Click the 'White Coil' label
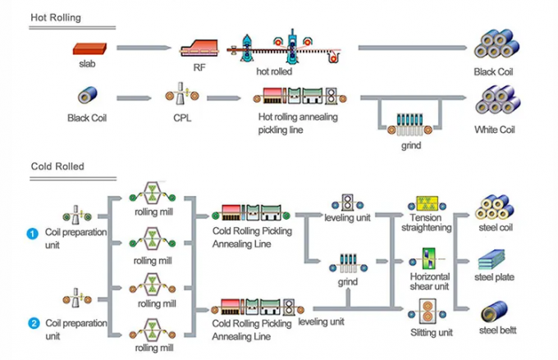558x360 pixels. pos(495,130)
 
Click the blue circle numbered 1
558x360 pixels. pos(33,234)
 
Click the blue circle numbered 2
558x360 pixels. pos(33,321)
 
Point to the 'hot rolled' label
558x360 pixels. pos(274,71)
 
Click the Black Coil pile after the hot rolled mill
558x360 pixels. pos(495,47)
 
